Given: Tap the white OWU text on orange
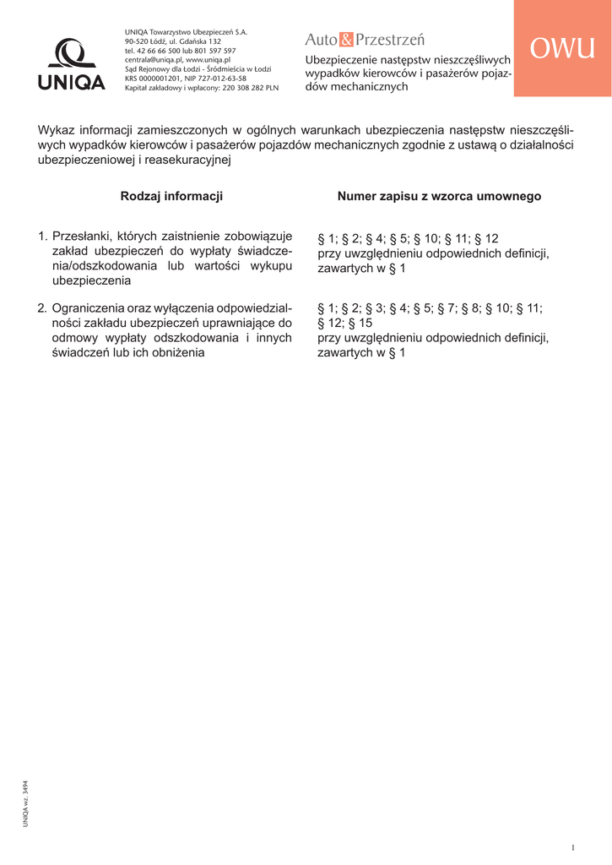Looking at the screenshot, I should pyautogui.click(x=562, y=49).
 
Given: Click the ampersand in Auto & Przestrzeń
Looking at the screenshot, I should pyautogui.click(x=347, y=40).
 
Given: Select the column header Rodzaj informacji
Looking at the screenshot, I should pyautogui.click(x=171, y=196).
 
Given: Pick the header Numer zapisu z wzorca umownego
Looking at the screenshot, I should pyautogui.click(x=439, y=196).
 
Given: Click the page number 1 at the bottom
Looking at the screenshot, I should pyautogui.click(x=572, y=847).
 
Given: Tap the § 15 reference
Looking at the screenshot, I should pyautogui.click(x=360, y=324).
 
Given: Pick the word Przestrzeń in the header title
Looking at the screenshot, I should pyautogui.click(x=391, y=40).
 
